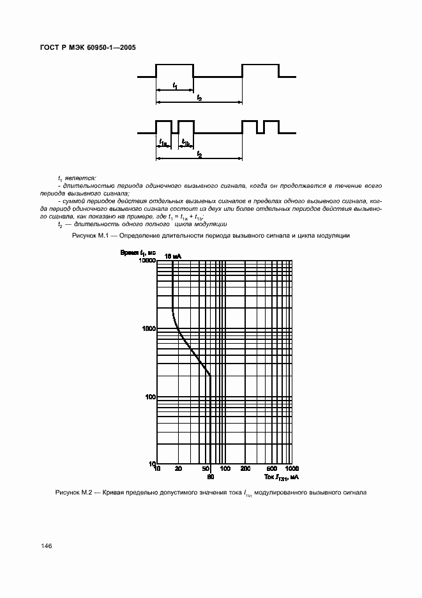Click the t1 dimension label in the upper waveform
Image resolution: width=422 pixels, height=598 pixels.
pyautogui.click(x=175, y=86)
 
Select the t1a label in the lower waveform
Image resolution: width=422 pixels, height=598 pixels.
pyautogui.click(x=163, y=142)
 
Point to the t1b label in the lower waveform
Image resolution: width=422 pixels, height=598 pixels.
pyautogui.click(x=186, y=142)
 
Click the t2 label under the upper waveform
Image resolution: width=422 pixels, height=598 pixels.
pyautogui.click(x=199, y=98)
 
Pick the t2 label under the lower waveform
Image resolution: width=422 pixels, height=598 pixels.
pyautogui.click(x=199, y=155)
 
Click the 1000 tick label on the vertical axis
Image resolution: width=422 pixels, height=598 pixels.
pyautogui.click(x=148, y=328)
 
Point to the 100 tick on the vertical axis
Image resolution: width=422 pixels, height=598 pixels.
pyautogui.click(x=150, y=397)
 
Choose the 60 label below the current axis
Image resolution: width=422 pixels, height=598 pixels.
pyautogui.click(x=210, y=477)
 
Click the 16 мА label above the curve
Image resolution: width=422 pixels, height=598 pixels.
pyautogui.click(x=172, y=256)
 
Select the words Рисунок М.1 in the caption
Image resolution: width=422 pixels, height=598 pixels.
pyautogui.click(x=86, y=236)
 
